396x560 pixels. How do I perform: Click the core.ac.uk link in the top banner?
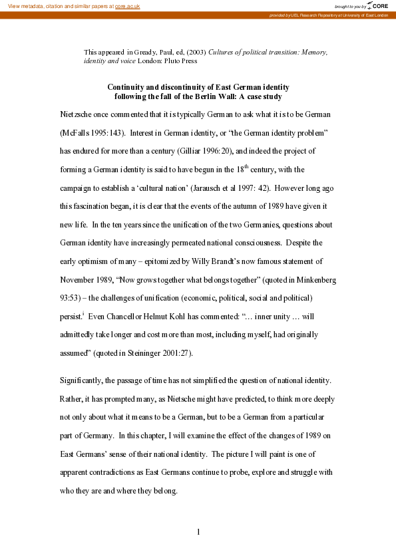click(127, 5)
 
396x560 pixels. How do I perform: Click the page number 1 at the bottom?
click(198, 532)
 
